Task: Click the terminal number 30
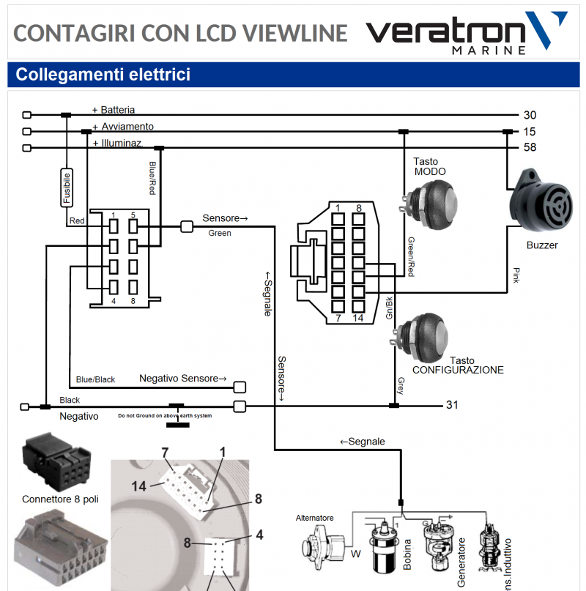(x=530, y=115)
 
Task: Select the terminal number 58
(x=530, y=147)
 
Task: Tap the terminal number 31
(x=452, y=405)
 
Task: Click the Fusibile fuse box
(x=67, y=187)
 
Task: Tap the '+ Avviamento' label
(x=122, y=127)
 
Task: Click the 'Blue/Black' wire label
(x=95, y=379)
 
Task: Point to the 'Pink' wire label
(x=516, y=275)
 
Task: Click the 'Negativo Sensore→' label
(x=183, y=379)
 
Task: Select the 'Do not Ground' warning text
(x=165, y=416)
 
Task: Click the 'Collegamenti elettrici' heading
(x=103, y=75)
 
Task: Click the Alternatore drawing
(x=322, y=546)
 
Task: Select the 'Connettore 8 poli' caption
(x=60, y=499)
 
